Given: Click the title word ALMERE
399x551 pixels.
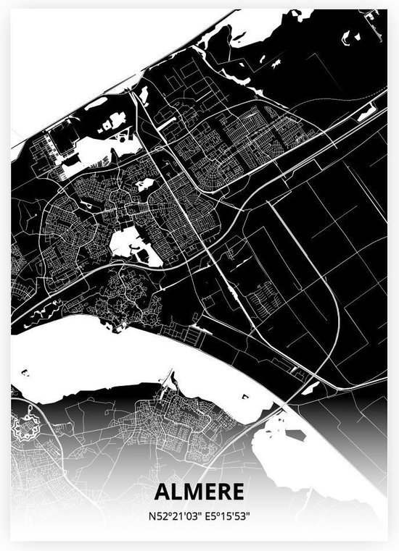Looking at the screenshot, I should [199, 492].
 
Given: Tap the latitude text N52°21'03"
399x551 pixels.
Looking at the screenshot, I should [173, 516].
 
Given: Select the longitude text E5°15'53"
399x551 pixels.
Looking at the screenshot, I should [226, 516].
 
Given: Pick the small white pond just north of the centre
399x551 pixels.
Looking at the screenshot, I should [144, 185].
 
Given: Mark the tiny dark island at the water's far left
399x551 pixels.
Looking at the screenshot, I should [25, 373].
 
